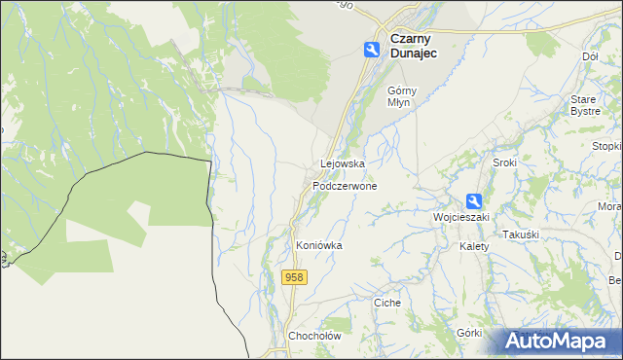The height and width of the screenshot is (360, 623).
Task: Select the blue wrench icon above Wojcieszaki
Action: coord(474,200)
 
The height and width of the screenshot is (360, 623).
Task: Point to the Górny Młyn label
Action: coord(402,96)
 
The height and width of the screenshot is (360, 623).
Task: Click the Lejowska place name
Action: coord(343,164)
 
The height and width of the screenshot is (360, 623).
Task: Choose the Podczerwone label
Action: coord(345,185)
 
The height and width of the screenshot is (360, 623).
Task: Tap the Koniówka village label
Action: coord(319,246)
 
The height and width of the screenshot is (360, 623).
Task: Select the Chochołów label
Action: coord(312,337)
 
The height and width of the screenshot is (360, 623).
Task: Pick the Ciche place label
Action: coord(387,303)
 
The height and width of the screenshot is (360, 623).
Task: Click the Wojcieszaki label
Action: coord(460,216)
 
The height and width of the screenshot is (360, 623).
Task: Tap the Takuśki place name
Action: coord(520,235)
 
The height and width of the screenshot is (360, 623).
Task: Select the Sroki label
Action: coord(504,162)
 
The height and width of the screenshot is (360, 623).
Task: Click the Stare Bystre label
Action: coord(584,105)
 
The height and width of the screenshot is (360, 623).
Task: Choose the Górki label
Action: coord(469,332)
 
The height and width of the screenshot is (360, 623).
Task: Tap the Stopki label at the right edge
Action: coord(607,146)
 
